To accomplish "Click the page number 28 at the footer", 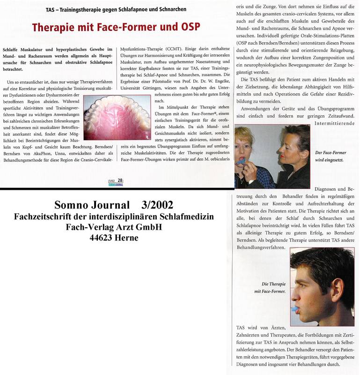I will point(120,180).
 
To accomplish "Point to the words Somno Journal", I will point(93,205).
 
